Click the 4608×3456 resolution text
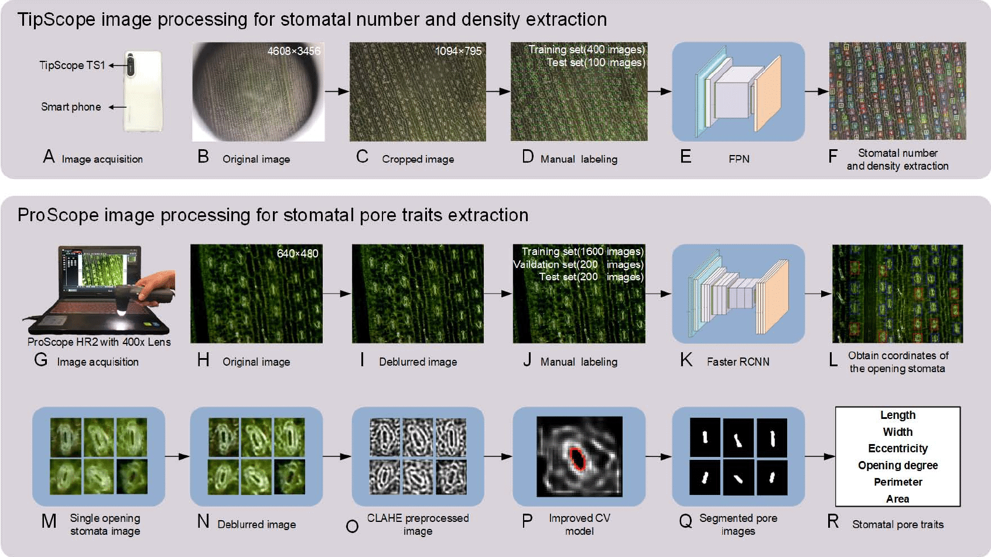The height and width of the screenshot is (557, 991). coord(294,51)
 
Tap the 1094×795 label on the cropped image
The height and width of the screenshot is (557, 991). coord(459,51)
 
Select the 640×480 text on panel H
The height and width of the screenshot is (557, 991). coord(298,253)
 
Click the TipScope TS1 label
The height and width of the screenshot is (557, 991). coord(72,66)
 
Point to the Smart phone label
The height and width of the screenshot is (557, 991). coord(71,107)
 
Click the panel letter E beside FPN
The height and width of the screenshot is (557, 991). coord(686,156)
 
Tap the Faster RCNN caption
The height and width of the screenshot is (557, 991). coord(738,362)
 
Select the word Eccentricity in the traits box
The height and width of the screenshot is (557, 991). coord(898,449)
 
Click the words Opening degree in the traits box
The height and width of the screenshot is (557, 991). coord(898,466)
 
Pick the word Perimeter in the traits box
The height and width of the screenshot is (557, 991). coord(898,482)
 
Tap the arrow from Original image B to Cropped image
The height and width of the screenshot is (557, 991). coord(337,91)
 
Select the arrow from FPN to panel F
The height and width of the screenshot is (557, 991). coord(816,91)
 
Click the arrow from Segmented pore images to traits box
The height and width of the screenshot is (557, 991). coord(820,456)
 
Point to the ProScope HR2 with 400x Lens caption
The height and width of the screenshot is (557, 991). coord(99,342)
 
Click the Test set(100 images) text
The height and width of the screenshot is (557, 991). coord(596,63)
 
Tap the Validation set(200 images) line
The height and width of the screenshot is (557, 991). coord(578,264)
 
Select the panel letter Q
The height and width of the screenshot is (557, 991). coord(685,521)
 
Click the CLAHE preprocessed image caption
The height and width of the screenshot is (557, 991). coord(418,524)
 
